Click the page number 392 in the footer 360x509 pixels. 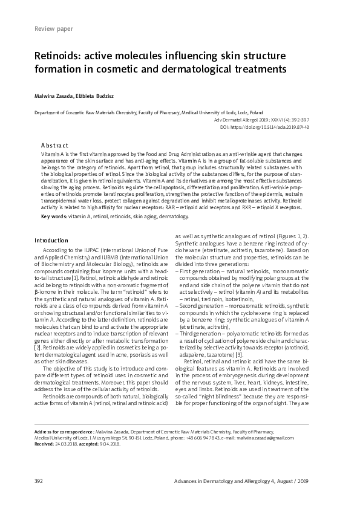40,480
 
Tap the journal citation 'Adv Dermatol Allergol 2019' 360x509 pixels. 242,120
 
